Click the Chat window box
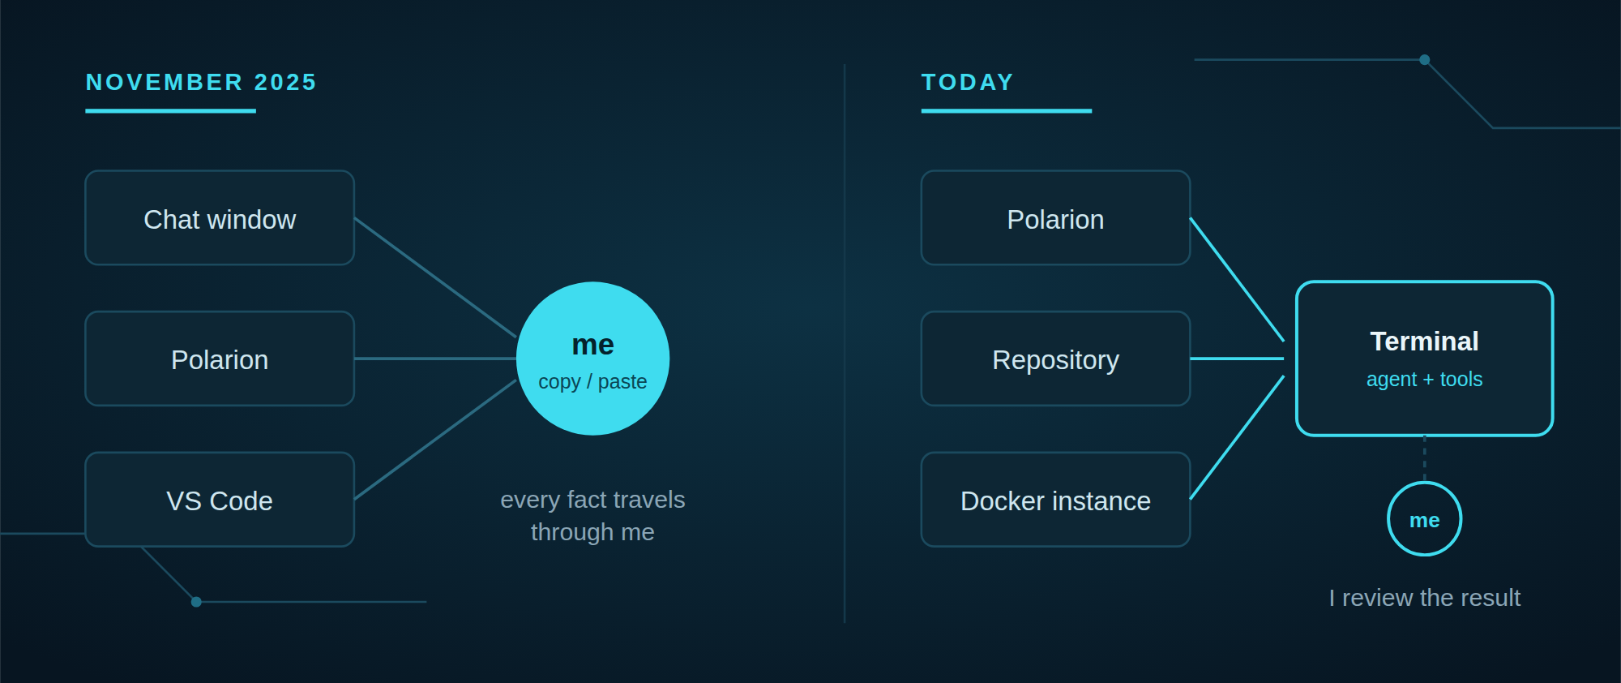220,217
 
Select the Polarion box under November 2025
220,359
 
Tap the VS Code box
220,500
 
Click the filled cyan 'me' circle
593,359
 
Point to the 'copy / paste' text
592,381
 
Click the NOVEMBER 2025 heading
201,83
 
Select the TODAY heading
968,83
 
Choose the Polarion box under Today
1055,217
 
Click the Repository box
1055,359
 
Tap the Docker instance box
1055,500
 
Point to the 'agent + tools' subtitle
1425,379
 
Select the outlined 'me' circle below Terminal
1425,483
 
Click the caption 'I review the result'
1425,598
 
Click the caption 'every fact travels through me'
592,516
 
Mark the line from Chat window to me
435,277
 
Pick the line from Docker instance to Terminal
1237,437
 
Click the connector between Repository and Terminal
1237,359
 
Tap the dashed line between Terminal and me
1425,458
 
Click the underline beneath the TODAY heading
1007,111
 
